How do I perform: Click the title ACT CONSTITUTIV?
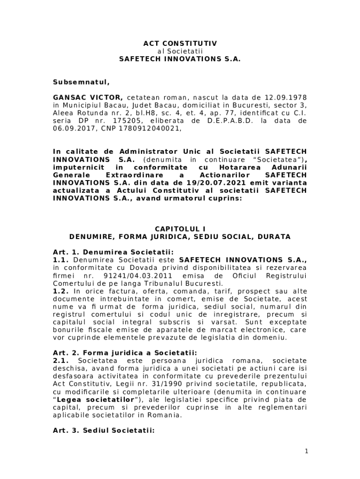180,44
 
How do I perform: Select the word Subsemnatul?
81,82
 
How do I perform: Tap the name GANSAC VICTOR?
88,98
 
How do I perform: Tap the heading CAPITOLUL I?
180,229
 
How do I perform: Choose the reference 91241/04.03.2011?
140,276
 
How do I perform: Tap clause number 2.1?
61,361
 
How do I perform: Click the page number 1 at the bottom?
306,451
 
